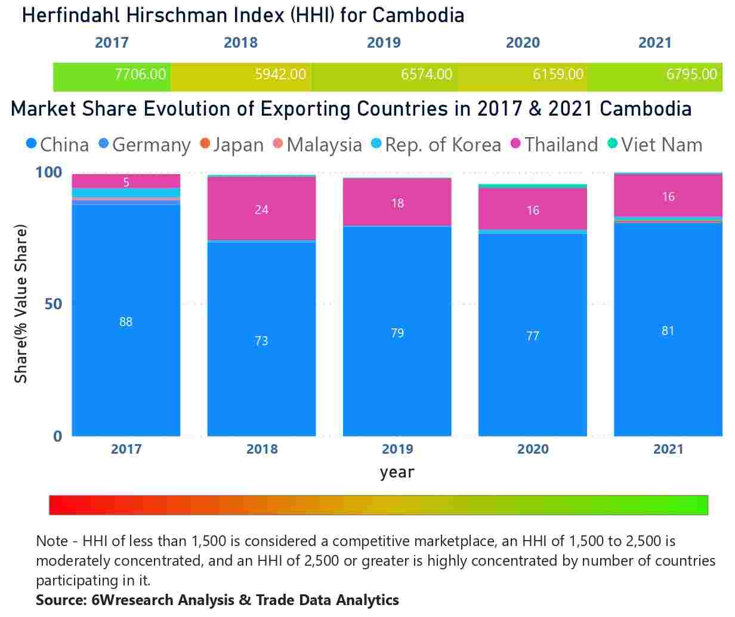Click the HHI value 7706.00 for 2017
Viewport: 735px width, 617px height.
140,75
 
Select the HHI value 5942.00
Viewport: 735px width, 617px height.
280,75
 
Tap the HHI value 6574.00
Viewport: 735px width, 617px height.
426,75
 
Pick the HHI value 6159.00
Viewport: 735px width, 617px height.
558,75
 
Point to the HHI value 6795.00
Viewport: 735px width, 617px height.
691,75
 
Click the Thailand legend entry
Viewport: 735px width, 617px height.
555,145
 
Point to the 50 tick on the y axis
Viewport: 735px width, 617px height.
53,304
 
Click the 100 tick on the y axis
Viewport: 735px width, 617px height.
48,172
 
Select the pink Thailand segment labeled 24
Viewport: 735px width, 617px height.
261,209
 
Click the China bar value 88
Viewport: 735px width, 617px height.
126,322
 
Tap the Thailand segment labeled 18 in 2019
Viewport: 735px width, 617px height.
397,203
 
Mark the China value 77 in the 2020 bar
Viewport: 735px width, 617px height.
533,336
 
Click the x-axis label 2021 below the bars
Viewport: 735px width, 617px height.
668,449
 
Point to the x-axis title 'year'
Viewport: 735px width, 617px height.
397,472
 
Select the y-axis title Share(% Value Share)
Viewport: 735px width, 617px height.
21,304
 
